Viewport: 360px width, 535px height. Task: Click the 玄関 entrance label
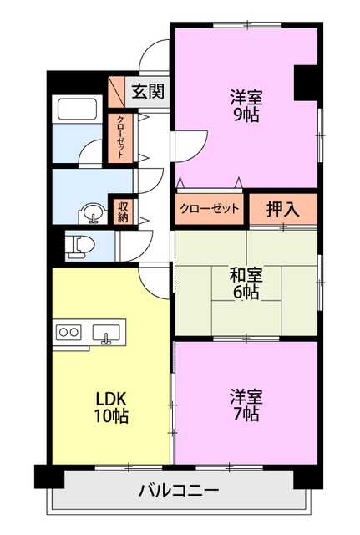pyautogui.click(x=147, y=91)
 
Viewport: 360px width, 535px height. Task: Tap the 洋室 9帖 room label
pyautogui.click(x=245, y=105)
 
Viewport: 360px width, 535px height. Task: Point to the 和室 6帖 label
pyautogui.click(x=245, y=283)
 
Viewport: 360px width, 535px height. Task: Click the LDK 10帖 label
pyautogui.click(x=111, y=405)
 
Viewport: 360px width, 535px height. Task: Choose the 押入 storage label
pyautogui.click(x=282, y=210)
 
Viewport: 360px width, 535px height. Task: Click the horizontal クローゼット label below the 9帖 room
pyautogui.click(x=209, y=209)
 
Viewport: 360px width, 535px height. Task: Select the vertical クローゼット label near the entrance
pyautogui.click(x=120, y=136)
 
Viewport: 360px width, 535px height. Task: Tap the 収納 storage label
pyautogui.click(x=123, y=211)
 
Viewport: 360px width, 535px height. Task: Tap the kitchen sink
pyautogui.click(x=107, y=334)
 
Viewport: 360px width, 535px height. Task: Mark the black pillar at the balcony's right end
pyautogui.click(x=307, y=476)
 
